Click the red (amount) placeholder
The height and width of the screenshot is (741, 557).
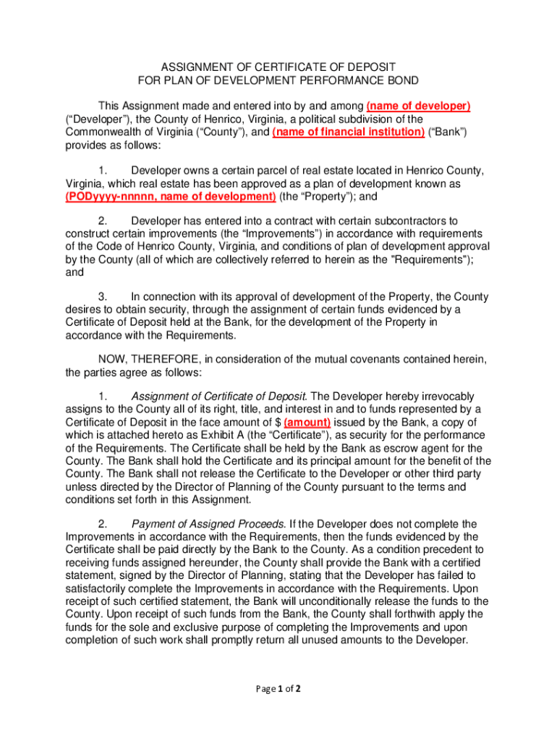[x=307, y=422]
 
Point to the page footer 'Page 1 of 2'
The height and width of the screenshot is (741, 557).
[x=278, y=688]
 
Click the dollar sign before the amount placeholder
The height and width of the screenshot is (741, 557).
[x=276, y=422]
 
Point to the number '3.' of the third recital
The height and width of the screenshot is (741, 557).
[x=102, y=297]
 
